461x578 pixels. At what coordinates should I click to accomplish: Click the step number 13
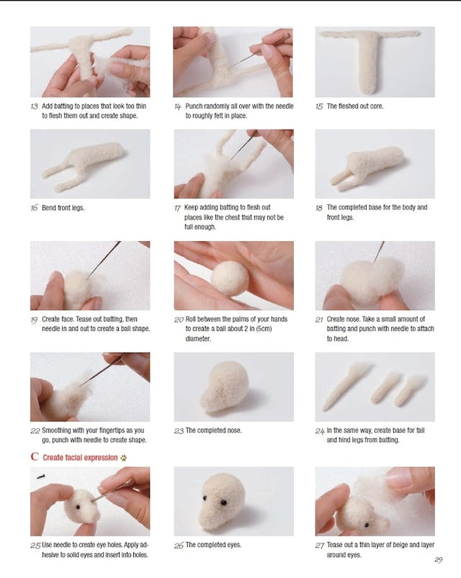(x=34, y=106)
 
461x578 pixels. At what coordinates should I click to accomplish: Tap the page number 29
(x=438, y=561)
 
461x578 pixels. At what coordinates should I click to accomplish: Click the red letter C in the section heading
(x=34, y=456)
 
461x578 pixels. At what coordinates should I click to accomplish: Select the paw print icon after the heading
(x=124, y=457)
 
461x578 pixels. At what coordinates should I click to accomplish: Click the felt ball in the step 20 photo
(x=229, y=277)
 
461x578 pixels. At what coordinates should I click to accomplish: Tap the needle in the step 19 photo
(x=105, y=258)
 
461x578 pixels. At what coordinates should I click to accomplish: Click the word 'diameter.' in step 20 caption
(x=200, y=338)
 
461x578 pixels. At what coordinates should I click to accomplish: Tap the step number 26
(x=179, y=546)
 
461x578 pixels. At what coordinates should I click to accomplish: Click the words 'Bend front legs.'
(x=63, y=208)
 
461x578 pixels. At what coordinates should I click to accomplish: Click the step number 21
(x=319, y=319)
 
